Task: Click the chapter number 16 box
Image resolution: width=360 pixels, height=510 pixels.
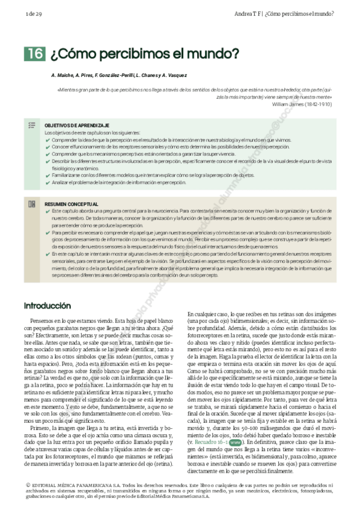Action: point(34,54)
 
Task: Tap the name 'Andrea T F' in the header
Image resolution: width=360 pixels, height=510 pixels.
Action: point(248,13)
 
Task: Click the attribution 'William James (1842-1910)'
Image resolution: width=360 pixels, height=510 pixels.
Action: point(301,103)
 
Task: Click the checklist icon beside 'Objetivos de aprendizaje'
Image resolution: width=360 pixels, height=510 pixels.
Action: point(32,125)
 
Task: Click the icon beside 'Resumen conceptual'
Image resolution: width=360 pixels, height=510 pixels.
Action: point(32,204)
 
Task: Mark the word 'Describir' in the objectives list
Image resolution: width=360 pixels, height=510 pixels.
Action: point(61,161)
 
